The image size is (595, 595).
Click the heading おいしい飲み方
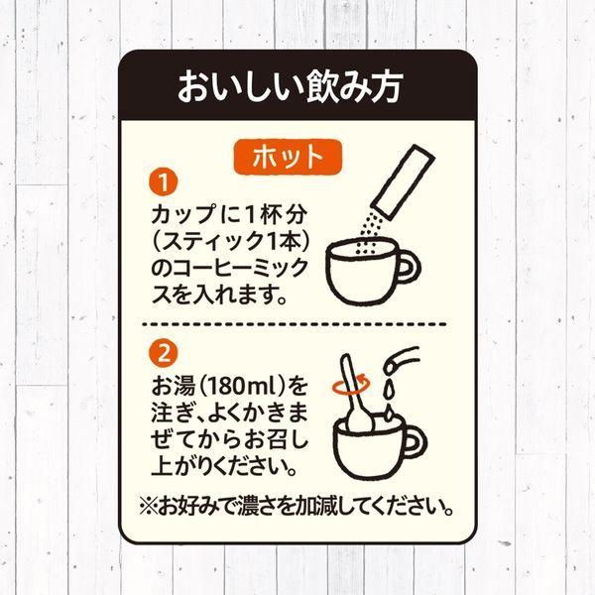[290, 87]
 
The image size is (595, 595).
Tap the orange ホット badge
[288, 157]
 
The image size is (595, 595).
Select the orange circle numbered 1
[164, 182]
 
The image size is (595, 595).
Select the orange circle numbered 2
[164, 353]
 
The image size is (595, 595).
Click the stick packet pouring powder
[403, 182]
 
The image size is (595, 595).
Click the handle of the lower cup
[416, 443]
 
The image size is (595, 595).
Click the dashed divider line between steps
[295, 324]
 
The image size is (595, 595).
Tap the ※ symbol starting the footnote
[149, 506]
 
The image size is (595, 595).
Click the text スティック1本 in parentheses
[230, 241]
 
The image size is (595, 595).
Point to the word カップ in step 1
[183, 214]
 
